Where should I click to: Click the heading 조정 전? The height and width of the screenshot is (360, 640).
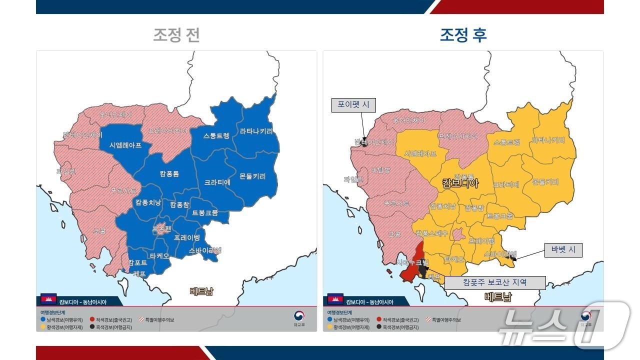176,35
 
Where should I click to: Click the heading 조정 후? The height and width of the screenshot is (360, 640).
463,35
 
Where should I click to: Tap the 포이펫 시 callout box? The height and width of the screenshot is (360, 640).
353,105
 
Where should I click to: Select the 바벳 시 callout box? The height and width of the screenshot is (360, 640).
563,249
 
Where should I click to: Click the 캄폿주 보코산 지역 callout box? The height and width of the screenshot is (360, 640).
494,282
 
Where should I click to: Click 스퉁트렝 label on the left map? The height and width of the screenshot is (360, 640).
216,136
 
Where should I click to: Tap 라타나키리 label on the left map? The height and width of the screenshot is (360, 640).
256,131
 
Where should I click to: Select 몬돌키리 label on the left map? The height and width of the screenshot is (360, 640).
252,176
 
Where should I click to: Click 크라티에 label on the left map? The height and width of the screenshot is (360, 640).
217,182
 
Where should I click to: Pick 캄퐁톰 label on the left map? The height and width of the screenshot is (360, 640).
169,174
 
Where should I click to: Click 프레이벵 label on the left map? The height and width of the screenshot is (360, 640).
187,237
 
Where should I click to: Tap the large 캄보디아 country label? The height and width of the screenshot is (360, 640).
460,183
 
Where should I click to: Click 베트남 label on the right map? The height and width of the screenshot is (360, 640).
498,297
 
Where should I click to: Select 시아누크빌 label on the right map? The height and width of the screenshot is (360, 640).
412,262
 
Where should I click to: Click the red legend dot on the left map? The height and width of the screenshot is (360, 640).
92,319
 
